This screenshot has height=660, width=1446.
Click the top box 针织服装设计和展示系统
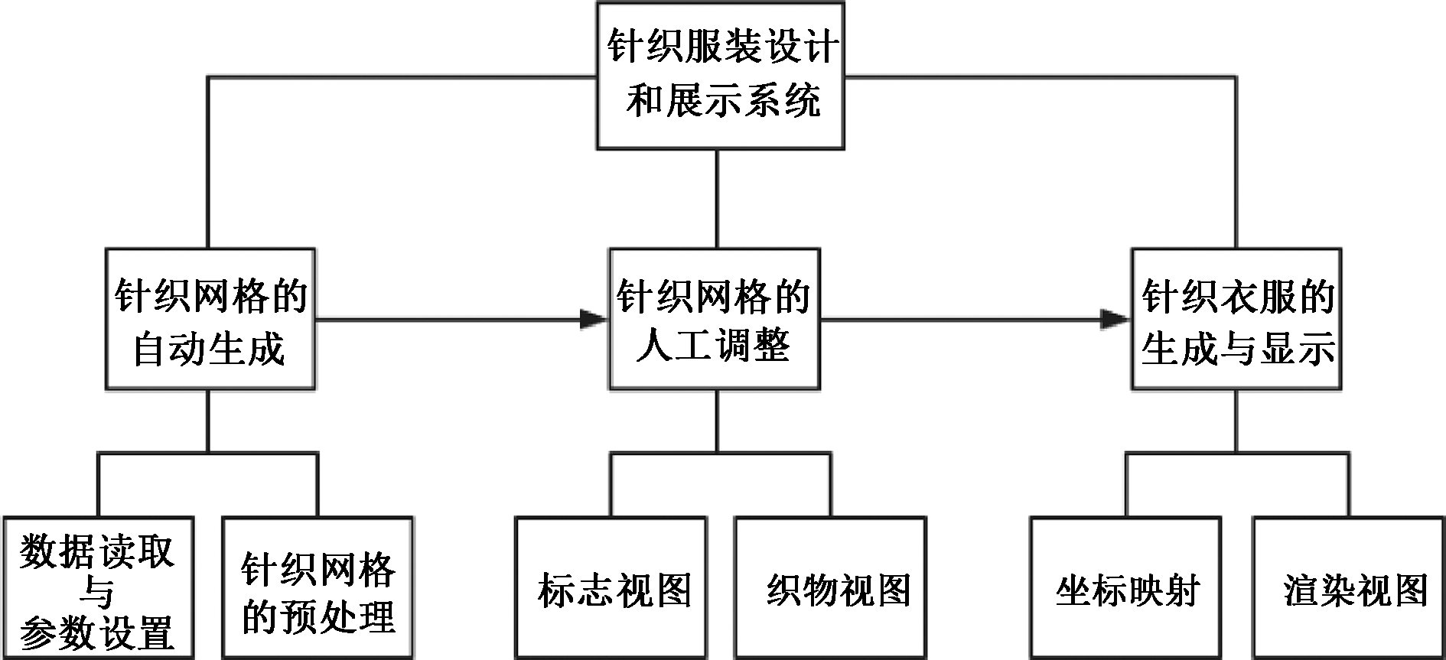point(720,75)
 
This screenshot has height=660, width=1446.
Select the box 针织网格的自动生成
point(210,319)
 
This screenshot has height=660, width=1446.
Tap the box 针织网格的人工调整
point(715,319)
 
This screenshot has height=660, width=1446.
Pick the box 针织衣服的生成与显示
point(1236,319)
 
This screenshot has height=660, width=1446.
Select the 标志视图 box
point(611,589)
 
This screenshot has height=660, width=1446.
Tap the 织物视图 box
point(831,589)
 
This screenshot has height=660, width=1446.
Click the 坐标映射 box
point(1125,589)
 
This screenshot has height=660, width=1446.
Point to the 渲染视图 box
point(1348,589)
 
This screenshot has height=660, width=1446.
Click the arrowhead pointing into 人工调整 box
point(594,319)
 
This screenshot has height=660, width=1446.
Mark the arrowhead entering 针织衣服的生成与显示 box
point(1115,319)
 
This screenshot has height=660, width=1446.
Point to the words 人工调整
point(715,346)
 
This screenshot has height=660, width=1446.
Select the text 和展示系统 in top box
point(723,100)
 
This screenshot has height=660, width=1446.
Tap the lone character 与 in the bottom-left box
point(97,593)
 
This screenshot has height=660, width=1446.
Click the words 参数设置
point(97,632)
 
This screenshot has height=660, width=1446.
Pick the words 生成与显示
point(1237,349)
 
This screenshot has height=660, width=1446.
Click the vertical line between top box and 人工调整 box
point(717,199)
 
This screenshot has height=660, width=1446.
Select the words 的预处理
point(318,616)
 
